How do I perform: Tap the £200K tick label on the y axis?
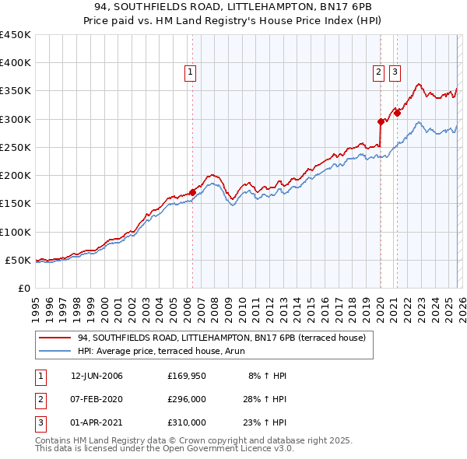[x=16, y=176]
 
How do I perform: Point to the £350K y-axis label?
[x=16, y=91]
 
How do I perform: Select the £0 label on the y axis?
[x=25, y=288]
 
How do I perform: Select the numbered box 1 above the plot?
[x=191, y=72]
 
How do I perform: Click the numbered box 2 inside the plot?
[x=378, y=72]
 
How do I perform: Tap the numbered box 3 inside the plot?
[x=395, y=72]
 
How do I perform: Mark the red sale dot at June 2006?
[x=192, y=192]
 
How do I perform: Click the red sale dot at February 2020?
[x=381, y=121]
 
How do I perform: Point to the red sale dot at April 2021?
[x=397, y=113]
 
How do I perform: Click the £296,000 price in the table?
[x=187, y=399]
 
